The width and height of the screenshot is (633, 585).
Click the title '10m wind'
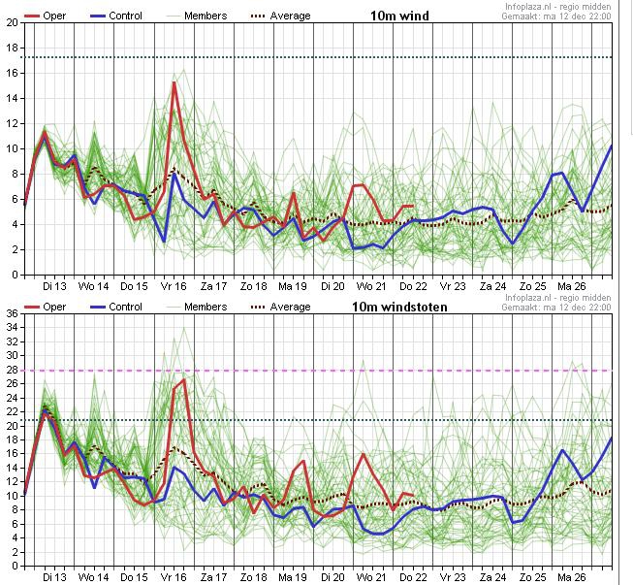point(399,16)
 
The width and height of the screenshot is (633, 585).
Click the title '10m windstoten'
point(399,307)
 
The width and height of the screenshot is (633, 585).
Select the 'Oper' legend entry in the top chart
point(46,16)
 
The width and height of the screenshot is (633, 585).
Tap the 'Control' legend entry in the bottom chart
point(116,307)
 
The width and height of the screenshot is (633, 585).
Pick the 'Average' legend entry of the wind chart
point(281,16)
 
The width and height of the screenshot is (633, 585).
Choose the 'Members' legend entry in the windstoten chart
point(197,307)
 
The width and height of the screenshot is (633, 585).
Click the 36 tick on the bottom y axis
point(12,314)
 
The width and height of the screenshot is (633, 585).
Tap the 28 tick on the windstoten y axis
point(12,370)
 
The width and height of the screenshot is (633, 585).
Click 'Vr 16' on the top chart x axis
point(174,286)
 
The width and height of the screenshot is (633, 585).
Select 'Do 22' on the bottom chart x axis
point(413,577)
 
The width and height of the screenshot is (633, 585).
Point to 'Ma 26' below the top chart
point(572,286)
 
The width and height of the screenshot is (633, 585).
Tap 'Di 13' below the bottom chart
point(54,577)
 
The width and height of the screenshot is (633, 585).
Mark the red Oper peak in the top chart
point(174,82)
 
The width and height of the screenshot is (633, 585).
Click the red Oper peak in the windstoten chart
point(184,379)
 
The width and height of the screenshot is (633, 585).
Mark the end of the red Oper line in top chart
point(413,206)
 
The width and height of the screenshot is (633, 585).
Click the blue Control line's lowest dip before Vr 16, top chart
point(164,242)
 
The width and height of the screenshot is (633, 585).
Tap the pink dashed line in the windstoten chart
point(319,371)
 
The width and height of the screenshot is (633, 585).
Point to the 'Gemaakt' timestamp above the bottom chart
point(556,308)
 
